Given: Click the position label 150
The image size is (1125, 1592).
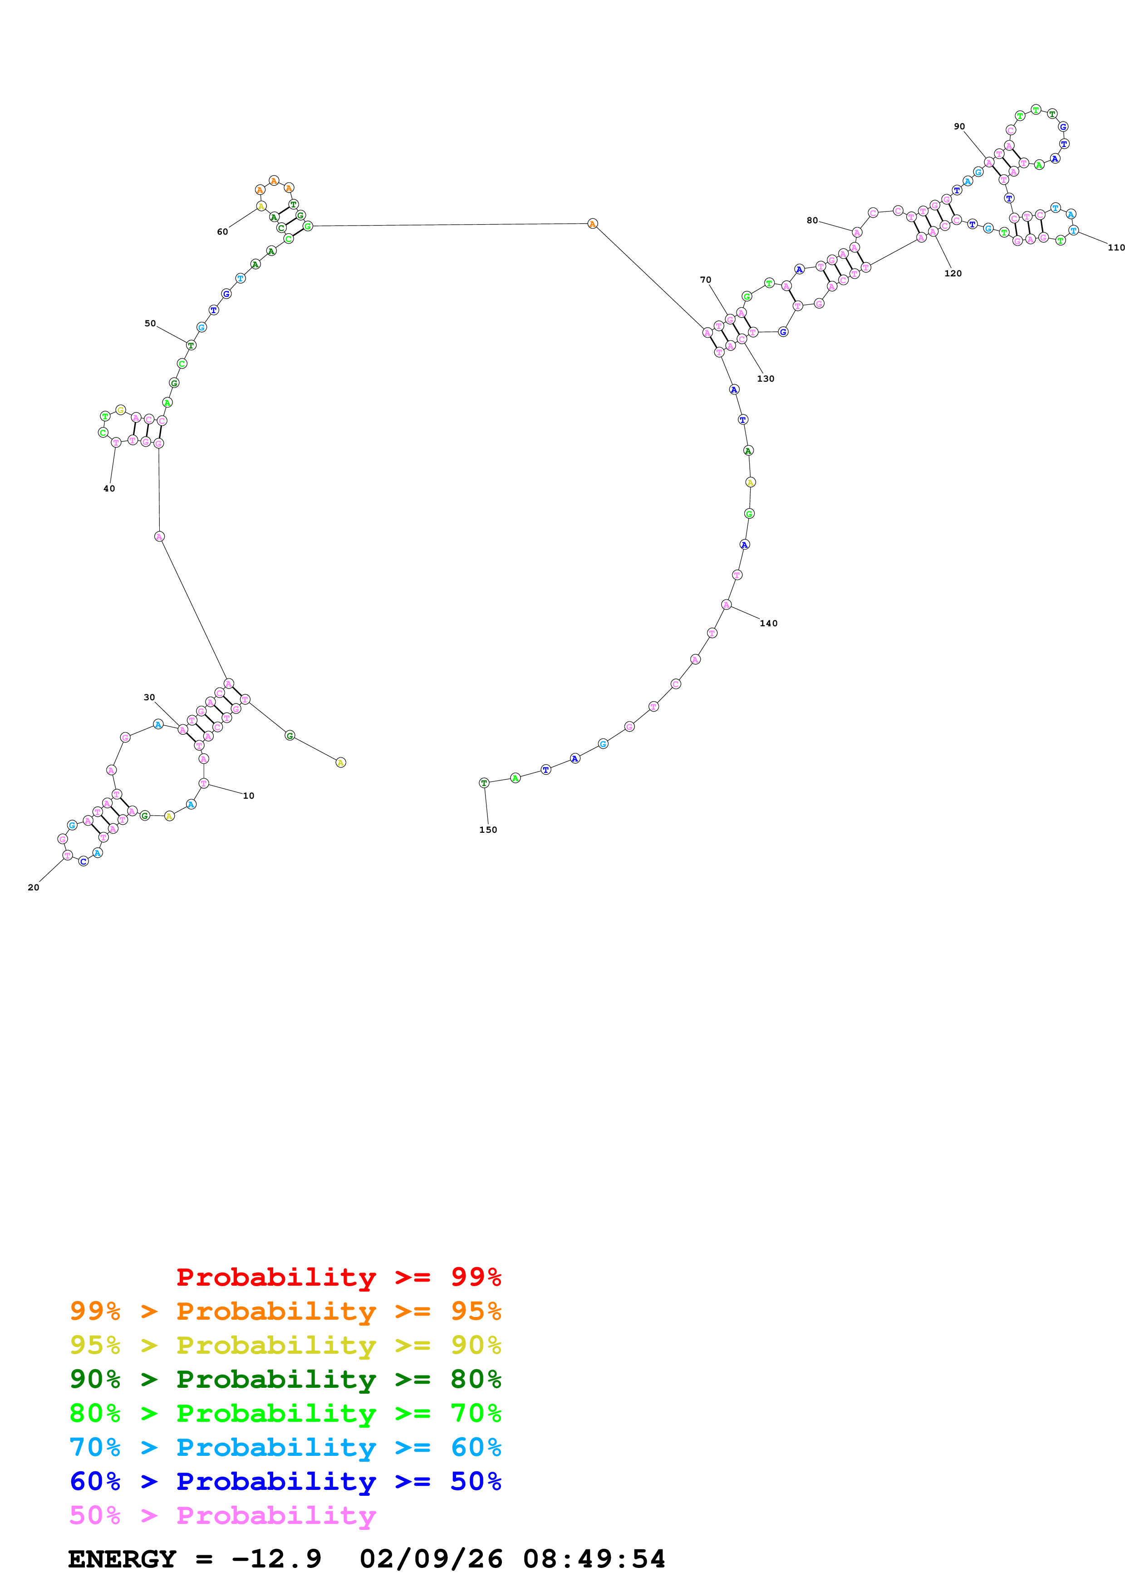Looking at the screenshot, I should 488,830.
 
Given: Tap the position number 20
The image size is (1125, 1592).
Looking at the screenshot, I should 33,888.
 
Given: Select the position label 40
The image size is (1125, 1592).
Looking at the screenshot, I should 109,489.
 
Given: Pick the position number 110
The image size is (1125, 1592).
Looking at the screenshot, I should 1116,247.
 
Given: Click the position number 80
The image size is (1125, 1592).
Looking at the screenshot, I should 812,221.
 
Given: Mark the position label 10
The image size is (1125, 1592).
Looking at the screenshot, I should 249,796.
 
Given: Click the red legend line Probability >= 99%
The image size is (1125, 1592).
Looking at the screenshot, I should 338,1277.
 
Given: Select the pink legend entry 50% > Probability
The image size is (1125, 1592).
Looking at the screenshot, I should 222,1516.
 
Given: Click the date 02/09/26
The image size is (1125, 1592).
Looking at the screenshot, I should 431,1559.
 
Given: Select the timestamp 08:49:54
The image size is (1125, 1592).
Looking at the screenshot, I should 594,1559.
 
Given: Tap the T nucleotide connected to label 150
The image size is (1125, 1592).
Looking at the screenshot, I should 484,783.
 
